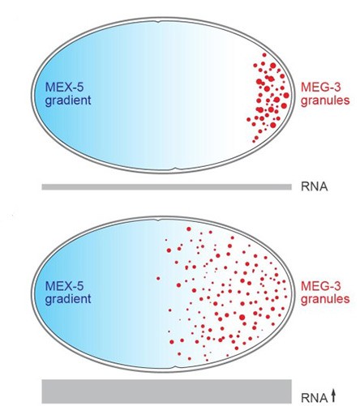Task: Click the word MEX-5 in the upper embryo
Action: (x=64, y=88)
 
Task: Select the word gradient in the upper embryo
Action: (x=68, y=100)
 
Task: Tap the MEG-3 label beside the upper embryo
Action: (x=321, y=88)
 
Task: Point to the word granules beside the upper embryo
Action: (x=325, y=100)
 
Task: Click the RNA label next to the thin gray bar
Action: (x=314, y=186)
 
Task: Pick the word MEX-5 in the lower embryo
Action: (x=64, y=286)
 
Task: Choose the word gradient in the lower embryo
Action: (x=68, y=299)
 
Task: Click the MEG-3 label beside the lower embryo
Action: (x=321, y=286)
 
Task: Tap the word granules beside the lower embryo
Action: (x=325, y=299)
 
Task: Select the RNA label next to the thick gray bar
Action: (x=314, y=398)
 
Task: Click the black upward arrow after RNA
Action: (x=333, y=396)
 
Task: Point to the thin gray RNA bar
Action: (x=167, y=187)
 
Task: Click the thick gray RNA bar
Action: (x=167, y=391)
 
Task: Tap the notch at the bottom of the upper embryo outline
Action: (x=176, y=169)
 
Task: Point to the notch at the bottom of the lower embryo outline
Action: (x=177, y=368)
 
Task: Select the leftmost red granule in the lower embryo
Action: (x=158, y=278)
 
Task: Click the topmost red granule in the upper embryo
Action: (x=264, y=55)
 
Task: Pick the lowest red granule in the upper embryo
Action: (x=254, y=141)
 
